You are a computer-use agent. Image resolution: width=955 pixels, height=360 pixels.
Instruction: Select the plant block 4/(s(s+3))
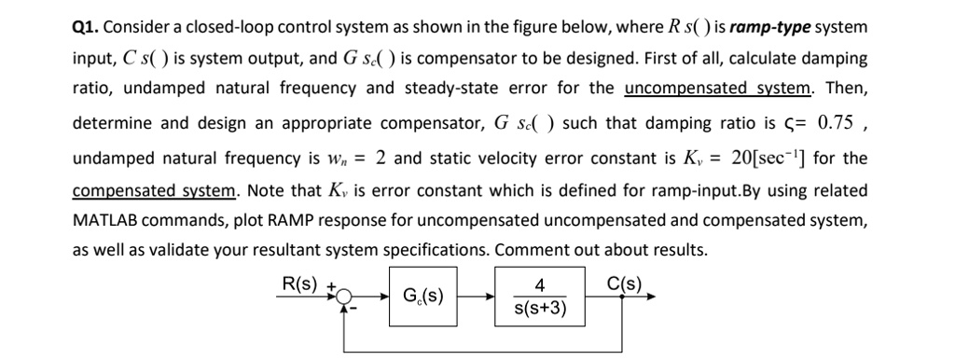pyautogui.click(x=541, y=297)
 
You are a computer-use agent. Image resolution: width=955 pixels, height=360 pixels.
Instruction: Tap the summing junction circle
pyautogui.click(x=346, y=297)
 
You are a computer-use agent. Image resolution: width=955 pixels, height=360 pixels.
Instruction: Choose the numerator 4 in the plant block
pyautogui.click(x=541, y=285)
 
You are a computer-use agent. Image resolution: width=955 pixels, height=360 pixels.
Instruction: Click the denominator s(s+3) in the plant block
pyautogui.click(x=541, y=309)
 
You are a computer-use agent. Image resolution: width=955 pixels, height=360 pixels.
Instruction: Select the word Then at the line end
pyautogui.click(x=847, y=90)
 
